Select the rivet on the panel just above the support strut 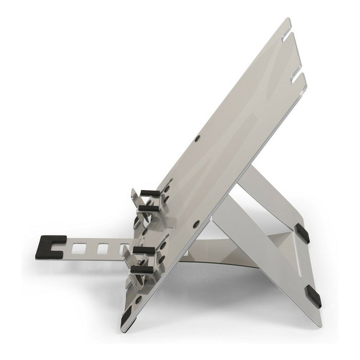[x=196, y=224]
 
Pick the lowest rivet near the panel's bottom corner [x=138, y=299]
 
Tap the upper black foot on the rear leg [x=302, y=233]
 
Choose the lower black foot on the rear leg [x=313, y=297]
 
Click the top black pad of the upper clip [x=150, y=193]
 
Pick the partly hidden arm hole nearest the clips [x=123, y=249]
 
